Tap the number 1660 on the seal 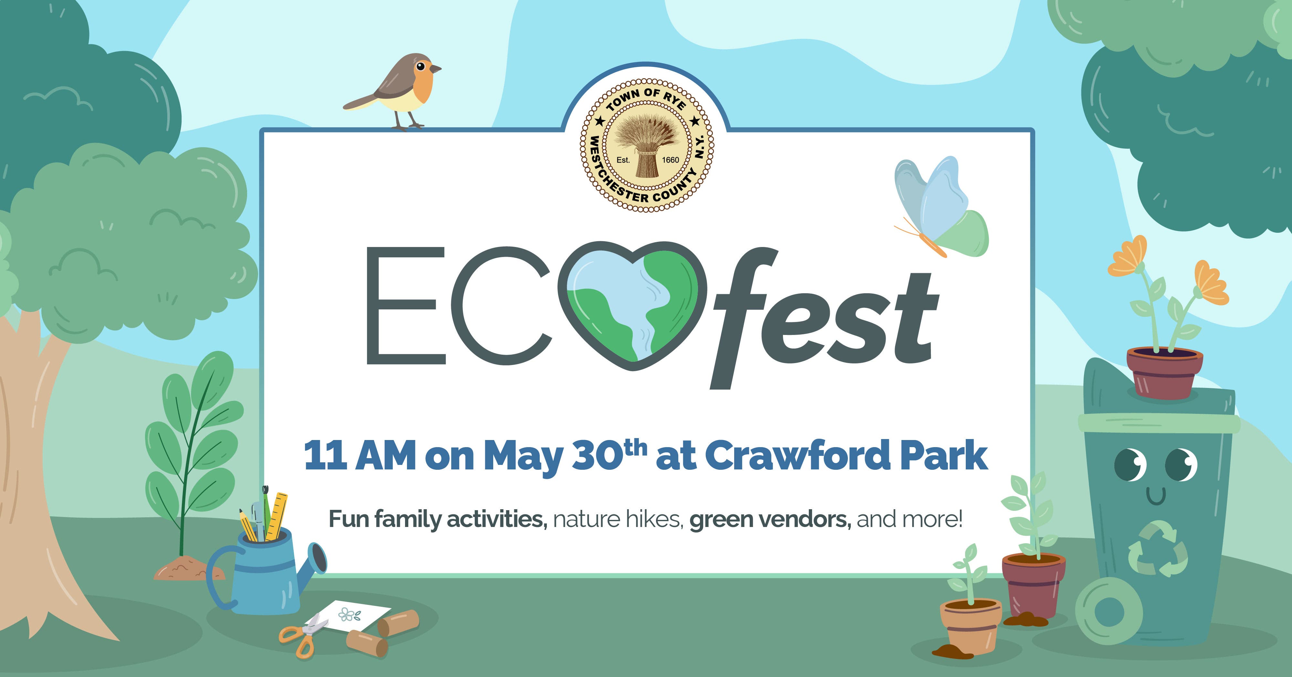click(671, 160)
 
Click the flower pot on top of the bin click(1165, 373)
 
